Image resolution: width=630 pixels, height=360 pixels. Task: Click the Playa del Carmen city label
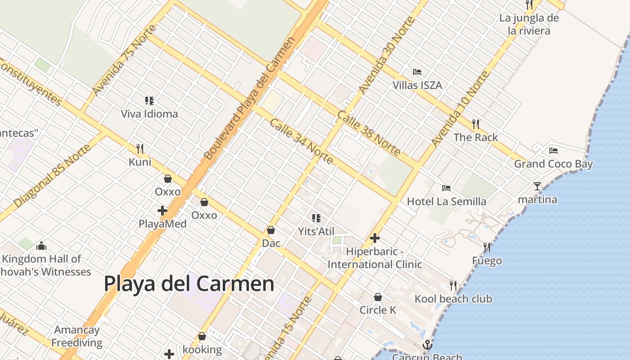[189, 284]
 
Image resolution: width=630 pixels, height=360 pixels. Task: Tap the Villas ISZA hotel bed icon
[417, 72]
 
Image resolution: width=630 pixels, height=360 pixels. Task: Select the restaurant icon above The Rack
[475, 124]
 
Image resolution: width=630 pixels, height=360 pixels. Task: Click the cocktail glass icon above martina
[537, 186]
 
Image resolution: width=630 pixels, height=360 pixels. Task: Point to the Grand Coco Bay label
[553, 164]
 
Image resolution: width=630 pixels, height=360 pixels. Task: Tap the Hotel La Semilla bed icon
[446, 188]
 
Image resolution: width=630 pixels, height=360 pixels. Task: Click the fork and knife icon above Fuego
[487, 247]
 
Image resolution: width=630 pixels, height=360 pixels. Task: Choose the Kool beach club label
[453, 299]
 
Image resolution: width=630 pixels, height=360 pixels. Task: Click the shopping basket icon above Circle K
[378, 297]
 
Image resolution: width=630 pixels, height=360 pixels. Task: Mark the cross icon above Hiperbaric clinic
[375, 238]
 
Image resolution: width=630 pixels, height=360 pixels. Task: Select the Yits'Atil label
[316, 231]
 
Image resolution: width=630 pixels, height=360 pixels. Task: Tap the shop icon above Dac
[271, 230]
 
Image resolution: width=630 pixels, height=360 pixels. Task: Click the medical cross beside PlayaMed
[162, 210]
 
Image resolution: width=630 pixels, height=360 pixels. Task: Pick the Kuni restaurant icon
[140, 148]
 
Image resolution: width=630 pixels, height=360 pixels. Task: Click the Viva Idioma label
[149, 114]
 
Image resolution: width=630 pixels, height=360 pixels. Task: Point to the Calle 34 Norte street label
[301, 141]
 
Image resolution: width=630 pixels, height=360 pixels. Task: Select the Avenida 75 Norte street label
[124, 60]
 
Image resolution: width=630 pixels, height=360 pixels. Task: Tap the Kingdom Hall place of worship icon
[41, 246]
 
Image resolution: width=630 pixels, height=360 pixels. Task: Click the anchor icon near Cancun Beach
[427, 345]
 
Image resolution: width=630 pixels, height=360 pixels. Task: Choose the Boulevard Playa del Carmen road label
[250, 98]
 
